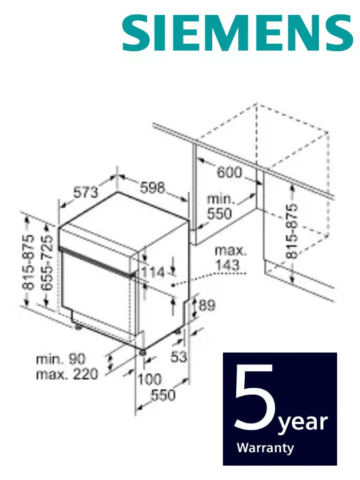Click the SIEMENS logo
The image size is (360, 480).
click(x=238, y=33)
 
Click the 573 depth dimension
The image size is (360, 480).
click(x=86, y=192)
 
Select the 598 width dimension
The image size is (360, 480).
click(x=153, y=187)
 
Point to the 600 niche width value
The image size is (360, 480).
click(x=229, y=172)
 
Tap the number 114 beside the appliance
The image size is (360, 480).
click(x=154, y=272)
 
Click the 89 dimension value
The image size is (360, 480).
click(x=207, y=305)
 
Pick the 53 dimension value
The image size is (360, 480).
click(x=179, y=356)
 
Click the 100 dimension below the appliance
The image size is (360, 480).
click(x=149, y=379)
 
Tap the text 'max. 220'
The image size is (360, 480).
click(x=67, y=374)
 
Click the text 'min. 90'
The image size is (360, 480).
click(x=61, y=359)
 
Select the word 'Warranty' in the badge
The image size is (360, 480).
click(x=266, y=448)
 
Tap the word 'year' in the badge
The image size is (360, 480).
click(x=303, y=423)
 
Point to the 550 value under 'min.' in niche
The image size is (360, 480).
click(x=220, y=214)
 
